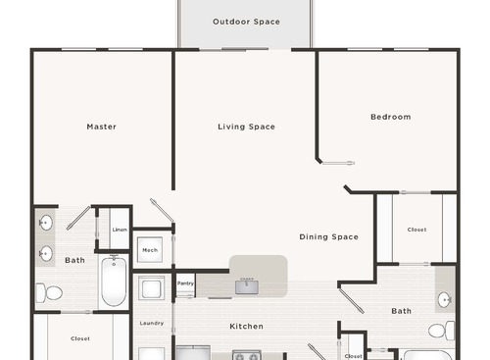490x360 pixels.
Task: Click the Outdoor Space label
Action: (x=246, y=22)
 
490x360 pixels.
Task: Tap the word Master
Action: (x=101, y=127)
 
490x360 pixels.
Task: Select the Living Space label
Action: (x=246, y=127)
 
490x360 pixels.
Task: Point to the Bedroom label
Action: (x=390, y=117)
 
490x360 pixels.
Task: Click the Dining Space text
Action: (x=328, y=236)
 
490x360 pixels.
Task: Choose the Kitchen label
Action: (x=246, y=326)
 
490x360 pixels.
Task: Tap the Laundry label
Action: (x=151, y=323)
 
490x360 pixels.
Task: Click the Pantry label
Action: (x=185, y=283)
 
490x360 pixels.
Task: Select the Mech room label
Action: (x=150, y=250)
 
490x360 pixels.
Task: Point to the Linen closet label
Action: (x=119, y=230)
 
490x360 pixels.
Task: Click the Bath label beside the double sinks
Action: (x=74, y=260)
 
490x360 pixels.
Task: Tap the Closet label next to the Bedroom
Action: (x=416, y=230)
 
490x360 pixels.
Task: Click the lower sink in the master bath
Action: (x=45, y=254)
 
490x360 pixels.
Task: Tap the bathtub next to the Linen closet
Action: (x=114, y=282)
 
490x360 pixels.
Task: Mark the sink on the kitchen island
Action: (x=247, y=285)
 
